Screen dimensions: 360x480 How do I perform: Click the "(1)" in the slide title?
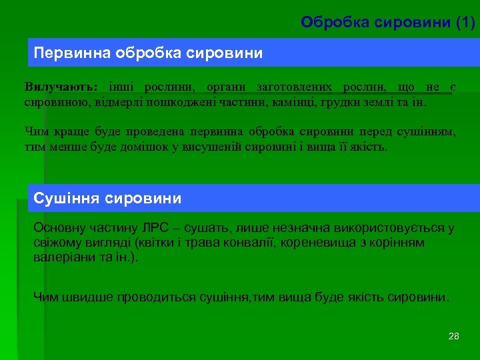(x=465, y=23)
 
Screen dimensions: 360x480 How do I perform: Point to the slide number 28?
(x=454, y=336)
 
